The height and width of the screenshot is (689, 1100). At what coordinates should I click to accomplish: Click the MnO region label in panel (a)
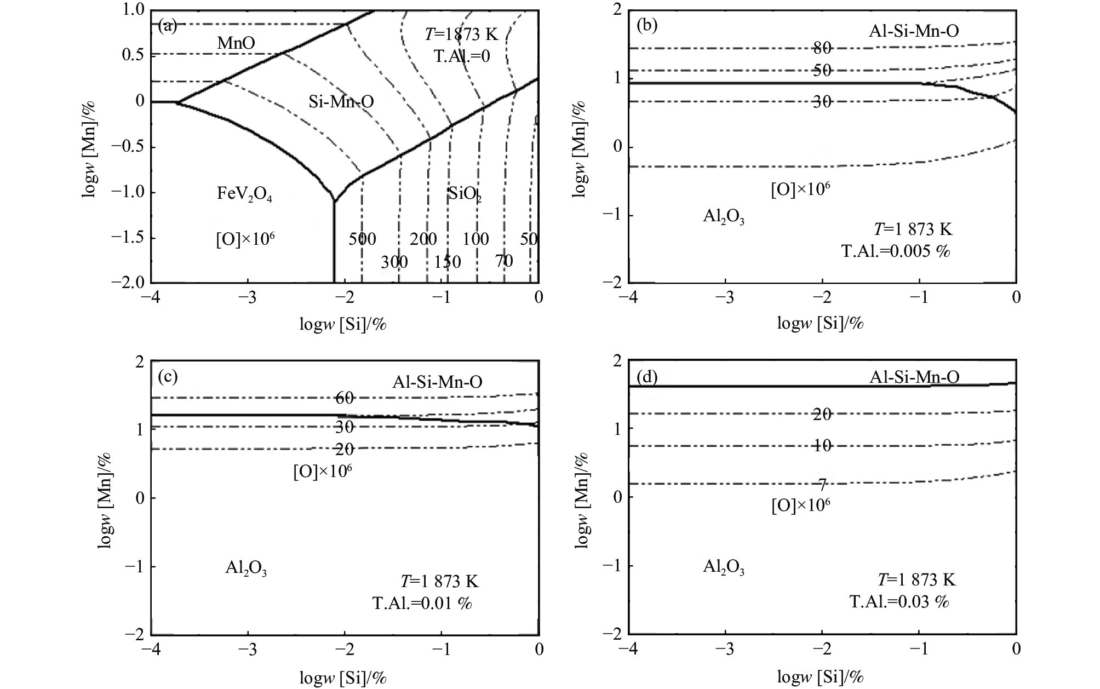tap(236, 43)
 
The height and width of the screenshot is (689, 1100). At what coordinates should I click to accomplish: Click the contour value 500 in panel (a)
tap(363, 239)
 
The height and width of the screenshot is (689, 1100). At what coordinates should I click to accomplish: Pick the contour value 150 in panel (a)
tap(448, 262)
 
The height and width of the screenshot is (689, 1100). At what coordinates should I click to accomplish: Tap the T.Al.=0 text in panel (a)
tap(462, 56)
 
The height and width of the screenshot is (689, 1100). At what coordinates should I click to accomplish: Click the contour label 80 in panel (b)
tap(822, 48)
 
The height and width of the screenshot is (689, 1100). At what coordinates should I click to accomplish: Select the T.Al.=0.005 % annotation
tap(895, 251)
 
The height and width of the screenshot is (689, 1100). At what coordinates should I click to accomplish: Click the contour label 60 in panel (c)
tap(345, 398)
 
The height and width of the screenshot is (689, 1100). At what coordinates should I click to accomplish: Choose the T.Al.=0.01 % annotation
tap(422, 603)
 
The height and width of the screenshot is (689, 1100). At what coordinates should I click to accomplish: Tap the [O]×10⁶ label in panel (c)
tap(322, 472)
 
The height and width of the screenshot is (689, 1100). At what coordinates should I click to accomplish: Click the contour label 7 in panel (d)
tap(822, 484)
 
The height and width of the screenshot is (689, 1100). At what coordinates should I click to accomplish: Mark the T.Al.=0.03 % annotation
tap(899, 601)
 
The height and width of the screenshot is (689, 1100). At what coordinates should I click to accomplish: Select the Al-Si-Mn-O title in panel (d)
tap(914, 377)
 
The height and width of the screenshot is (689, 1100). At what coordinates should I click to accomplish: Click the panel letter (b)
tap(646, 25)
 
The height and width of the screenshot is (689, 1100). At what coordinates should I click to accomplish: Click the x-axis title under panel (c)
tap(343, 677)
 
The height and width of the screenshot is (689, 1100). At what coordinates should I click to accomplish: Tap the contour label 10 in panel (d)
tap(822, 446)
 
